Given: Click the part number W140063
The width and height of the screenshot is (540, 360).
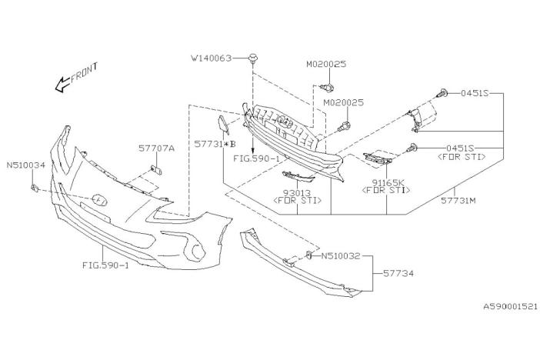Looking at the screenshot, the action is [x=212, y=58].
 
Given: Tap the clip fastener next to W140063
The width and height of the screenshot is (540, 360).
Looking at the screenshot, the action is [x=254, y=58].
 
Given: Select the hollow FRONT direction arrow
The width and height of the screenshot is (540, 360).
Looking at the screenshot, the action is [x=62, y=84].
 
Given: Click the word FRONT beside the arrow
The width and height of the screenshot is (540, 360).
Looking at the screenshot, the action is [x=85, y=73].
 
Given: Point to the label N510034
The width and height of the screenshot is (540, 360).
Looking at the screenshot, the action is [x=26, y=165].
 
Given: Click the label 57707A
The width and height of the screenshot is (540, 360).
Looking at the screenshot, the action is [x=156, y=148].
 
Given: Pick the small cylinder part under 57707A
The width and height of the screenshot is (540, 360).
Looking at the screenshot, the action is [x=157, y=170].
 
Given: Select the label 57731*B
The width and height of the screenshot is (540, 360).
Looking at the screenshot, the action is [x=215, y=144].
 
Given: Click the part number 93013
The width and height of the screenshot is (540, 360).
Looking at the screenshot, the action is [x=297, y=193].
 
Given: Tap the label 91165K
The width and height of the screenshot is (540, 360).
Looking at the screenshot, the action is [x=386, y=182].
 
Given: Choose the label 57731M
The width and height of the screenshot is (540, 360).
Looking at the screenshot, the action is [x=458, y=201].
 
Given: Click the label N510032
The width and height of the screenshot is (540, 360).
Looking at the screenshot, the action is [x=341, y=256].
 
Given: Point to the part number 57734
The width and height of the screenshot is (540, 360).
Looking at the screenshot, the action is [x=398, y=274].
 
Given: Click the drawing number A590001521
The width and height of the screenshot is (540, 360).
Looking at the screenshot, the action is [x=510, y=306].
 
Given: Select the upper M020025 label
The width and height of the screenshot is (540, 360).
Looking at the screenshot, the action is [x=326, y=64].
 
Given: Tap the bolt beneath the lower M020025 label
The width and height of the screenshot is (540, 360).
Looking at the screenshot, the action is [x=345, y=126].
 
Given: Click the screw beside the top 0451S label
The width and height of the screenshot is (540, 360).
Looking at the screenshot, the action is [x=442, y=92].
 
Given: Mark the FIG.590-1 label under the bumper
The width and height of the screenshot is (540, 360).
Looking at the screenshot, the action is [x=105, y=265].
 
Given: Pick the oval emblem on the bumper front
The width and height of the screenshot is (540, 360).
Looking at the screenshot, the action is [x=99, y=200].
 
